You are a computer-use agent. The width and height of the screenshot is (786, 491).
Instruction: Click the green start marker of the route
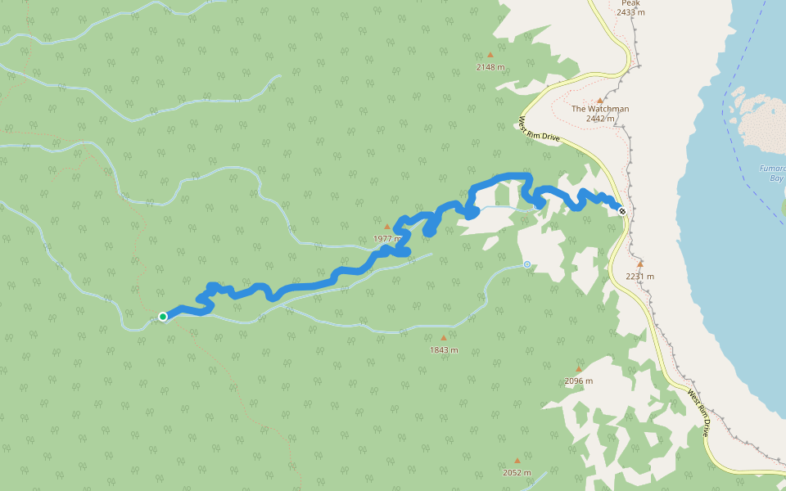point(163,317)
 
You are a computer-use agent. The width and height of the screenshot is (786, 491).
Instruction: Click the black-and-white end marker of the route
point(623,211)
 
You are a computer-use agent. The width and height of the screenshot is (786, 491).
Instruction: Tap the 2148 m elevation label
point(490,67)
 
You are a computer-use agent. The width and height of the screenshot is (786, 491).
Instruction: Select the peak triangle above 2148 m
point(491,56)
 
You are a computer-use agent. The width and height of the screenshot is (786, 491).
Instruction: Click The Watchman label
point(600,109)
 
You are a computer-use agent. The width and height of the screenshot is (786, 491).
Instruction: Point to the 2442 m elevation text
point(600,119)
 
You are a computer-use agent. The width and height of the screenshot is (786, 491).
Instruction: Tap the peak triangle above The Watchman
point(599,99)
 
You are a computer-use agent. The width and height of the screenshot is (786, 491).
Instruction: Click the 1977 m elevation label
point(387,238)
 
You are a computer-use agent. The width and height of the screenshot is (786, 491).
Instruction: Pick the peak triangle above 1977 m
point(388,227)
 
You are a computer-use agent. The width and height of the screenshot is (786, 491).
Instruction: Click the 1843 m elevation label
point(444,350)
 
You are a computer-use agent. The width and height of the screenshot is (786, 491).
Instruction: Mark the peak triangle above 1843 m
point(444,338)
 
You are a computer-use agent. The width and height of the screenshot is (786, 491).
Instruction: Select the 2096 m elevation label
point(578,381)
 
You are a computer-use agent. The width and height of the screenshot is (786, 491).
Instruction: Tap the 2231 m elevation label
point(639,276)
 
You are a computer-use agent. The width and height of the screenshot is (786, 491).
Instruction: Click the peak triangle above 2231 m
point(640,264)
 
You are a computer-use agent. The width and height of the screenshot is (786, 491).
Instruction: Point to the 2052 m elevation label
point(517,472)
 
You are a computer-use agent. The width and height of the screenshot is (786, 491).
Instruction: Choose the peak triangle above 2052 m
point(517,461)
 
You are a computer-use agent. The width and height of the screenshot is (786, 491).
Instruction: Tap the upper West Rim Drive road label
point(539,129)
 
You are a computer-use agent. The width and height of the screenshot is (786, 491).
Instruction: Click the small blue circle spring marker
point(526,264)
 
